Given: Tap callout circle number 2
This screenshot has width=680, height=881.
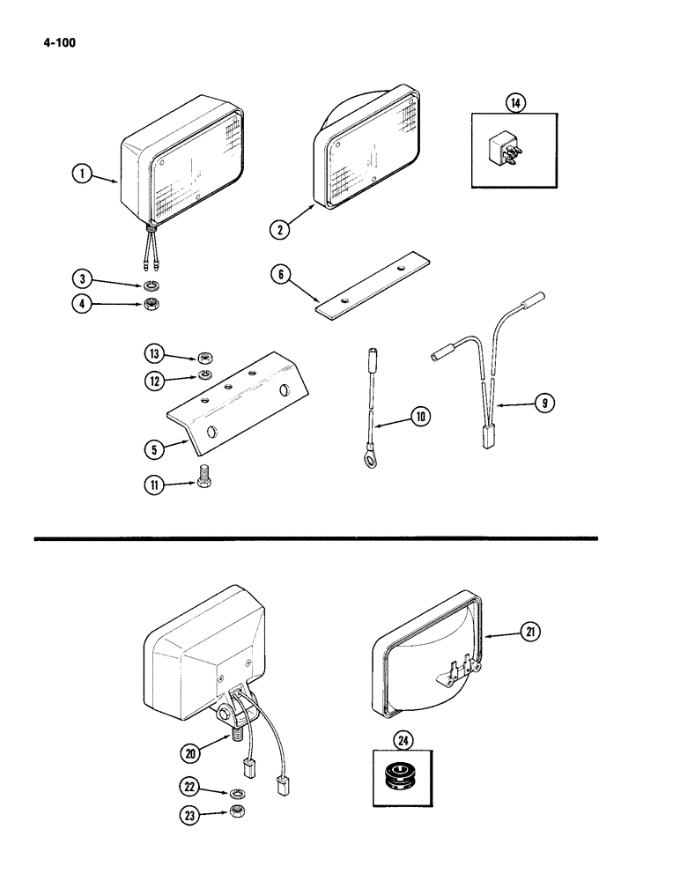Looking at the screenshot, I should pos(281,230).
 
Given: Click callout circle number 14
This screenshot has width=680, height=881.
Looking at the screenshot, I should pos(514,103).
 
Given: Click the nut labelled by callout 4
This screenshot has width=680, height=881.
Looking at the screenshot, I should pos(152,306).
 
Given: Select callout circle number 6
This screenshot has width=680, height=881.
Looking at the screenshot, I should pos(283,277).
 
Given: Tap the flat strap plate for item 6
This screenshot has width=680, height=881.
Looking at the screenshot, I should pos(373,282).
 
